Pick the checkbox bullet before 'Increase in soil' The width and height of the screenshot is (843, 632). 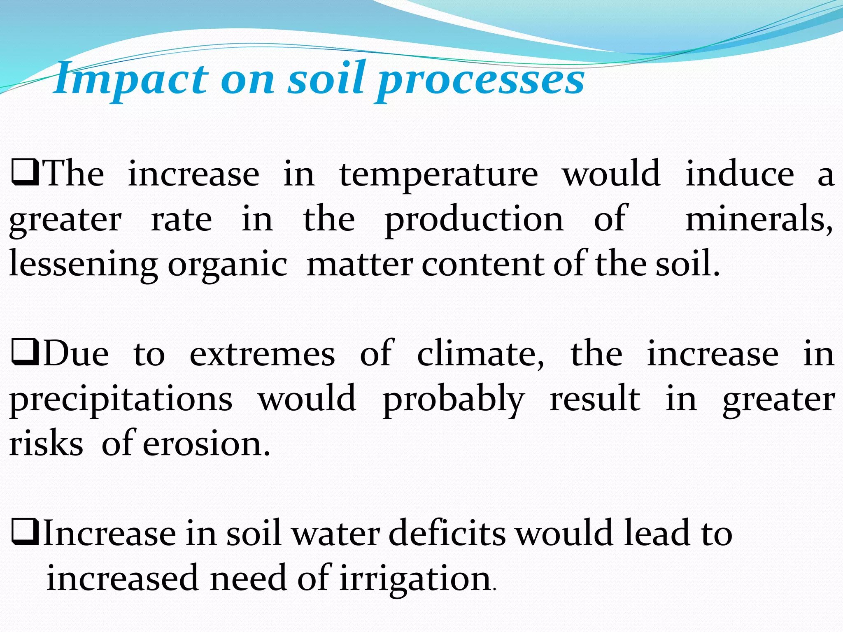(x=25, y=533)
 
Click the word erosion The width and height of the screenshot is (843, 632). (x=206, y=444)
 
